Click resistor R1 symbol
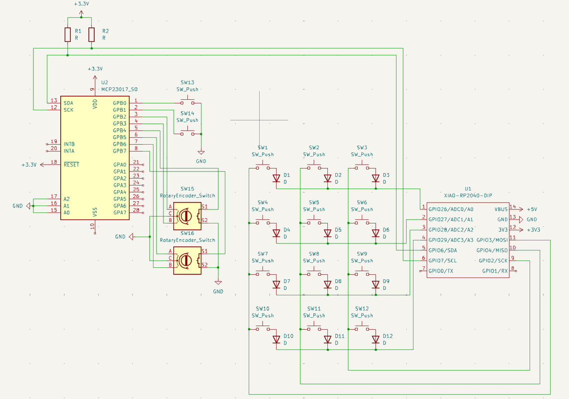point(68,34)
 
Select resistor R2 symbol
point(92,34)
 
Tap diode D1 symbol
point(277,178)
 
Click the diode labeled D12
point(376,339)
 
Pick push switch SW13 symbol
point(187,102)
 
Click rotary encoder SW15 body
point(187,216)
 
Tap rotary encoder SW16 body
point(187,261)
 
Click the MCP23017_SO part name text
point(119,89)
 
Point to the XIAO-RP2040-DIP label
point(467,196)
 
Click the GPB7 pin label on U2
point(120,151)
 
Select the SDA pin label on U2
point(68,103)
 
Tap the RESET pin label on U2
point(71,165)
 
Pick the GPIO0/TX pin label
point(440,271)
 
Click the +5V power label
point(532,209)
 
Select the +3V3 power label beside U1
point(533,230)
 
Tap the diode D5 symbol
point(327,233)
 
